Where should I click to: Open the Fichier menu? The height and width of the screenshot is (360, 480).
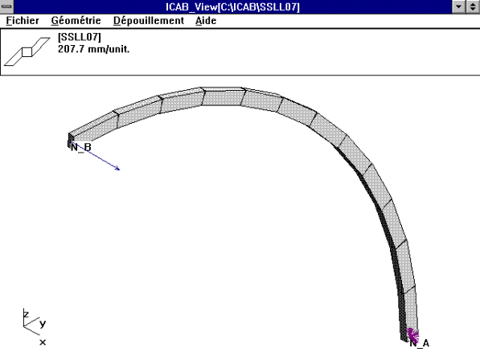tap(22, 20)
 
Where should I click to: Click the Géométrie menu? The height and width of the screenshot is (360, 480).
tap(76, 20)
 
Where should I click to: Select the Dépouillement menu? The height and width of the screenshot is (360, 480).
tap(148, 20)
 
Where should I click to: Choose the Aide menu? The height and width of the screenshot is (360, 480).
tap(206, 20)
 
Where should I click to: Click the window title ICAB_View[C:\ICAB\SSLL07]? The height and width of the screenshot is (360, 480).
tap(239, 6)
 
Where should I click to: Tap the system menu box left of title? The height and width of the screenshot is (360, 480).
tap(7, 6)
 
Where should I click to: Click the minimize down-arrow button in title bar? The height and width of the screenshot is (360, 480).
tap(458, 6)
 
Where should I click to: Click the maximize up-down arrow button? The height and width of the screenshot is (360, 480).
tap(472, 6)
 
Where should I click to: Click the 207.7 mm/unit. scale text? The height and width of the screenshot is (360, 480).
tap(94, 49)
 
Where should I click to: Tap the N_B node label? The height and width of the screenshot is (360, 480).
tap(81, 147)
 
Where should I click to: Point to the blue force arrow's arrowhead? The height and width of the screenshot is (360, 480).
tap(118, 169)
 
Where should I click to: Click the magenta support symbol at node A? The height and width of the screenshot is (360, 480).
tap(412, 333)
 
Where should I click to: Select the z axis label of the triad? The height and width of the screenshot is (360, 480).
tap(26, 314)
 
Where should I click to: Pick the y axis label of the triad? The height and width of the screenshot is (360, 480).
tap(43, 323)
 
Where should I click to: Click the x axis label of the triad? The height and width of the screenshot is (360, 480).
tap(43, 342)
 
